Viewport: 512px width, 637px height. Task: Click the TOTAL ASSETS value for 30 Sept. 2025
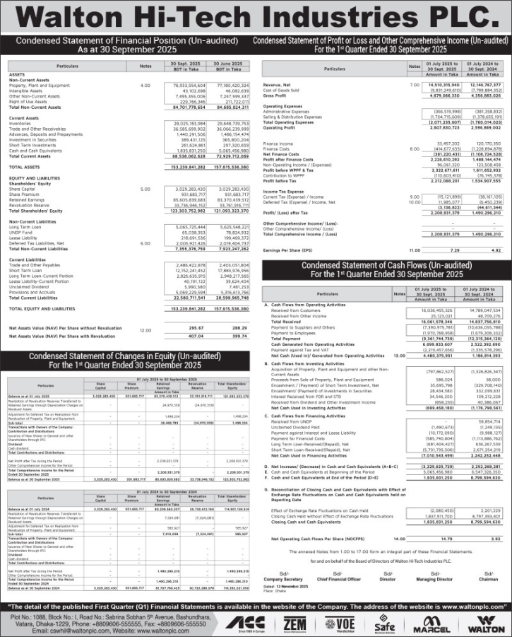(176, 167)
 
